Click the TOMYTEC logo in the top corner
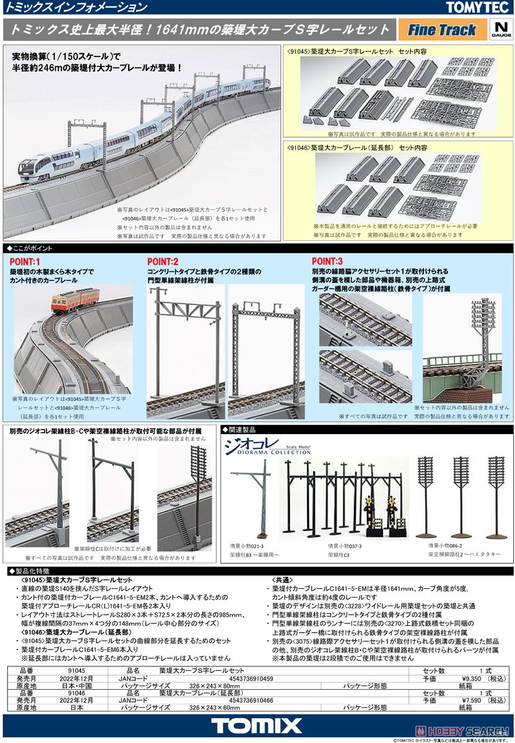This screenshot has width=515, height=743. point(478,7)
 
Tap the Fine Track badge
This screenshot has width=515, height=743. point(441,30)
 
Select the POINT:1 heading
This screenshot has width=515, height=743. point(25,261)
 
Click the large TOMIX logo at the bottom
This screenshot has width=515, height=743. point(257,726)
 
